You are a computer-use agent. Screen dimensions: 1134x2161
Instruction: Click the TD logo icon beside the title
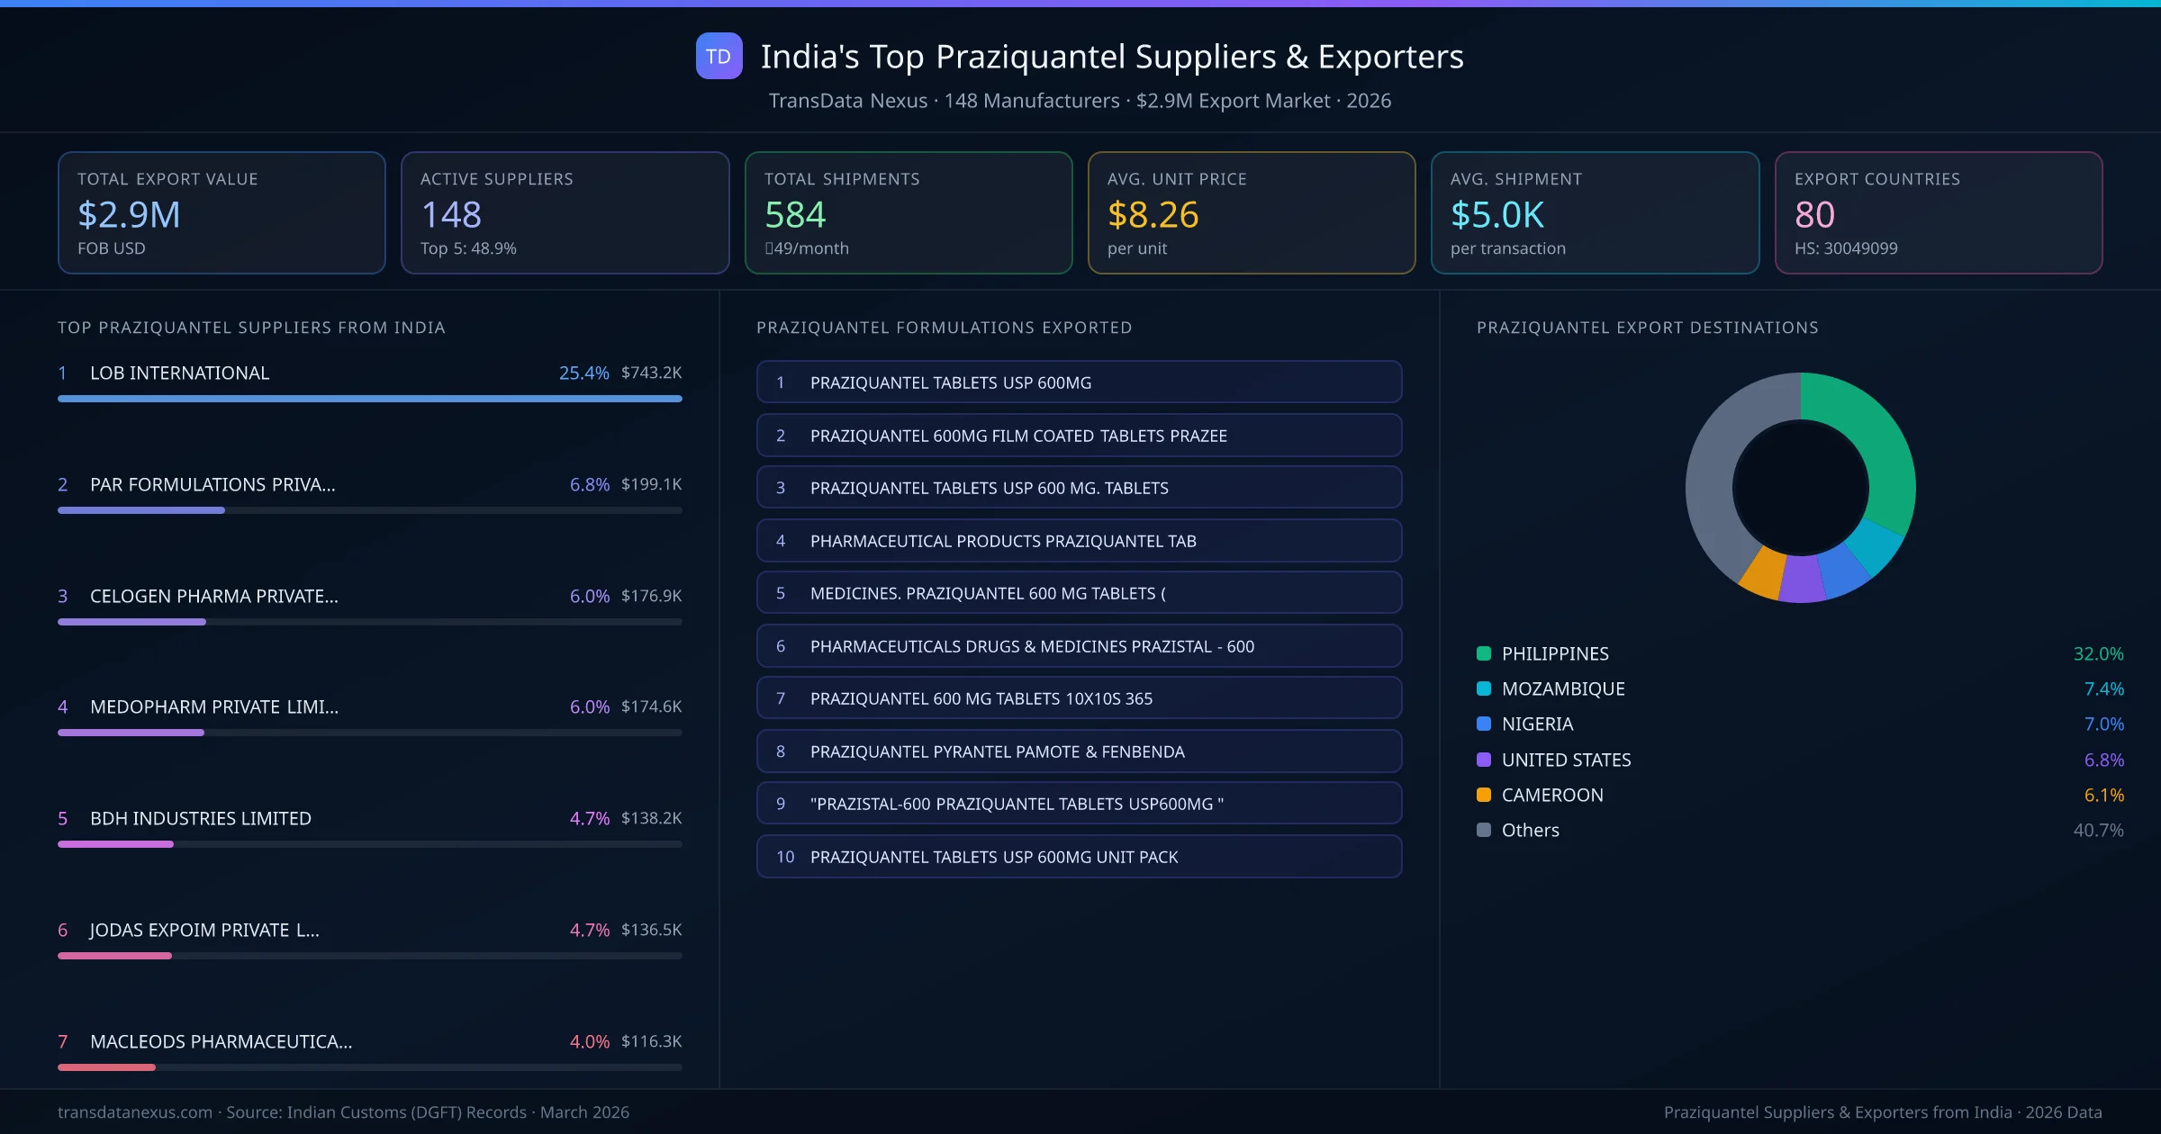coord(719,56)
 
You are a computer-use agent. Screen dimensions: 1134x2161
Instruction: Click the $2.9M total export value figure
coord(129,214)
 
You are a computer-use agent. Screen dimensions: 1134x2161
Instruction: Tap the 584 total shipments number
coord(794,214)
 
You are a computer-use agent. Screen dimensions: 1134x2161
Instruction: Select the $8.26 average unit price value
coord(1153,214)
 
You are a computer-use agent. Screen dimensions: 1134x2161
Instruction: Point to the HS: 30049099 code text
coord(1845,248)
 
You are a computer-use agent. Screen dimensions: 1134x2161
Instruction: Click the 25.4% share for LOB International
coord(583,373)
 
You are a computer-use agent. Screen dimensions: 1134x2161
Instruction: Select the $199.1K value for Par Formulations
coord(651,484)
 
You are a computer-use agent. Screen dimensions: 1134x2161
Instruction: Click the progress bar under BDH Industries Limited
coord(369,844)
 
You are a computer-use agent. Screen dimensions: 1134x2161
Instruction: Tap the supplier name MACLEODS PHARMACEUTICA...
coord(221,1041)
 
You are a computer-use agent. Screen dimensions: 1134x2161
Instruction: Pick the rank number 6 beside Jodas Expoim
coord(63,930)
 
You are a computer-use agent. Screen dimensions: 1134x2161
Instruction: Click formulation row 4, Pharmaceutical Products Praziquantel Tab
coord(1079,541)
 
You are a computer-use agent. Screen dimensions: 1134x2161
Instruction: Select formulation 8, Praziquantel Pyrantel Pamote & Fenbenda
coord(1079,751)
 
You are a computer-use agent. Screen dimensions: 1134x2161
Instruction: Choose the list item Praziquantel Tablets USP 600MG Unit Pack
coord(1079,857)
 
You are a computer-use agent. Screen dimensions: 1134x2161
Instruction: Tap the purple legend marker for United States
coord(1484,760)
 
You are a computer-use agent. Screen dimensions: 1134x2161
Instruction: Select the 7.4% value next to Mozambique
coord(2103,688)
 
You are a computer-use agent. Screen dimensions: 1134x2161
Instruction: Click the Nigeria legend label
coord(1537,724)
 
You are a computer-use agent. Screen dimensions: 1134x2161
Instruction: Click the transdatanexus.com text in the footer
coord(135,1112)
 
